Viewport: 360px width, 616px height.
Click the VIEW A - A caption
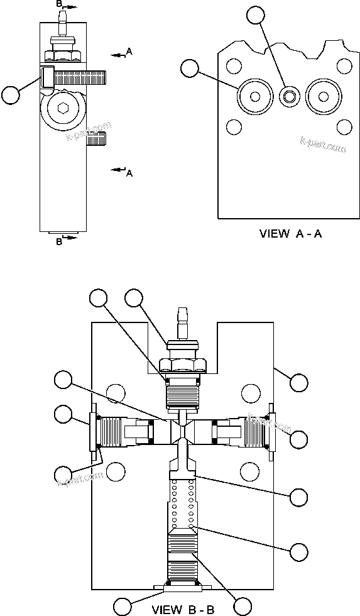tap(291, 234)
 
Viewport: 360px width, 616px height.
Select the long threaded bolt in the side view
tap(80, 77)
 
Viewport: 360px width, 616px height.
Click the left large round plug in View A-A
tap(255, 97)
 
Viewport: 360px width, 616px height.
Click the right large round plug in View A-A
tap(324, 97)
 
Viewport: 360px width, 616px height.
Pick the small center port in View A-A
tap(290, 97)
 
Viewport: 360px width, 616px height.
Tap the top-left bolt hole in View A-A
tap(234, 66)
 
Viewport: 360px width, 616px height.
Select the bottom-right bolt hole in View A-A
tap(343, 127)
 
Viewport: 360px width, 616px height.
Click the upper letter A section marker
tap(129, 50)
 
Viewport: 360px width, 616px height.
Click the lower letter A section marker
tap(129, 173)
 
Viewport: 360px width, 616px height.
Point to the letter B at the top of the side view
tap(60, 4)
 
